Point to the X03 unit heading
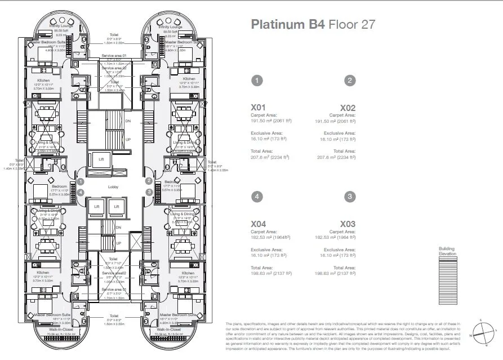click(x=348, y=224)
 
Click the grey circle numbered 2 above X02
click(x=350, y=81)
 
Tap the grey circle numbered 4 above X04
click(x=257, y=197)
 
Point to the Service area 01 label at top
click(x=114, y=56)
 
